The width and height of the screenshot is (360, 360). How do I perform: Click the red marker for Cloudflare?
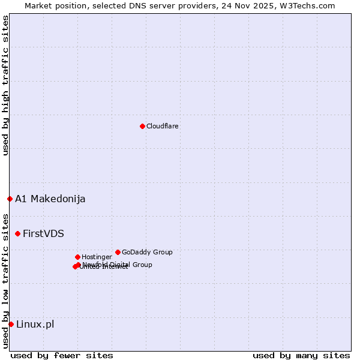pos(142,126)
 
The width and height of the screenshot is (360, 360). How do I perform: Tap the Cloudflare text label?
pos(163,126)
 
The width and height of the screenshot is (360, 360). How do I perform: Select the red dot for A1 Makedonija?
pos(10,199)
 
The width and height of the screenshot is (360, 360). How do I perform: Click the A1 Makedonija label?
pos(50,199)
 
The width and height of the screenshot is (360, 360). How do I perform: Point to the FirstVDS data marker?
pos(17,233)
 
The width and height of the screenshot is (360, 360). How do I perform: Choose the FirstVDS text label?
pos(43,234)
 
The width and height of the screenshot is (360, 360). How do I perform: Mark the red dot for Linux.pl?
pos(11,324)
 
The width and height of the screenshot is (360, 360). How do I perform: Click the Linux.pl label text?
pos(35,325)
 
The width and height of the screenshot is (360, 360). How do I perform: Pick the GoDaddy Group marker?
pos(118,252)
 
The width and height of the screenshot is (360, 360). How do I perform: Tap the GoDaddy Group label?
pos(147,252)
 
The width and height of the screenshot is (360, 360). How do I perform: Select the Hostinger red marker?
pos(77,257)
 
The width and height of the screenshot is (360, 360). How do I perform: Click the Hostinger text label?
pos(97,257)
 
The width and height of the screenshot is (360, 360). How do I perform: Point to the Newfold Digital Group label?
pos(118,265)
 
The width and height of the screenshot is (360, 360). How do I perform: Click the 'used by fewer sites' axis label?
pos(62,355)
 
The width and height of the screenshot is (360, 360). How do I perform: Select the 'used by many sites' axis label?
pos(301,355)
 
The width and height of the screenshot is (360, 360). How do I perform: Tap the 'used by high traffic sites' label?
pos(6,85)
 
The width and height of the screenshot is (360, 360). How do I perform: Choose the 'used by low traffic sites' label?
pos(6,280)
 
